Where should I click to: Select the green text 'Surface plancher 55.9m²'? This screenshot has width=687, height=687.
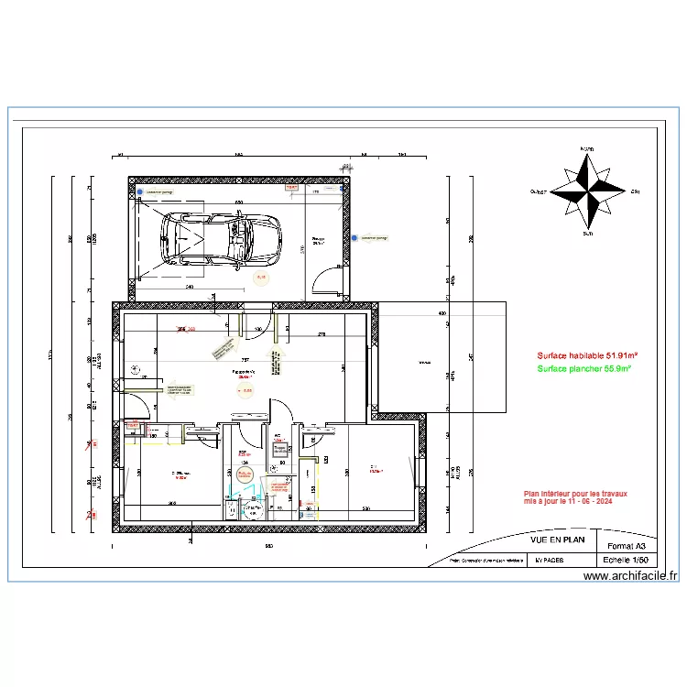[587, 368]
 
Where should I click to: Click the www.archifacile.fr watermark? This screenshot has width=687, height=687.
[630, 576]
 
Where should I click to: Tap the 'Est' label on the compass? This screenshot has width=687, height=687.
[635, 192]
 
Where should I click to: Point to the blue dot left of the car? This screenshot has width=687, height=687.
[141, 193]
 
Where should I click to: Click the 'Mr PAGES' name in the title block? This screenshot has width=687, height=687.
[550, 559]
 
